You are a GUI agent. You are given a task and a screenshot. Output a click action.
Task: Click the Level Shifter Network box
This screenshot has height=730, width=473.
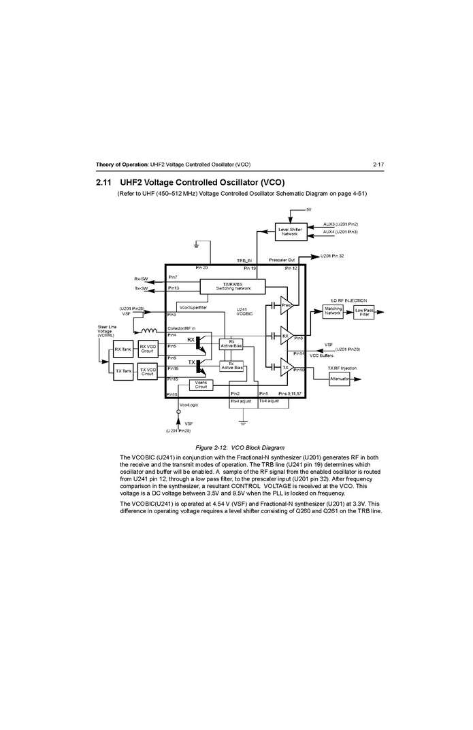[x=291, y=231]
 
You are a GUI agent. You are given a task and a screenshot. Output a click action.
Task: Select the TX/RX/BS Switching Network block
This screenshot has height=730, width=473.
[x=233, y=286]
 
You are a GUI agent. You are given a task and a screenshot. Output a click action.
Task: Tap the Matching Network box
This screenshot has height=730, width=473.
[x=333, y=311]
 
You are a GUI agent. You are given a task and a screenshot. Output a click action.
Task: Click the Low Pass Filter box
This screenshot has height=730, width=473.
[x=364, y=312]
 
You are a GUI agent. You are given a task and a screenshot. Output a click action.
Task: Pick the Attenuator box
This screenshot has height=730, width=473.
[x=339, y=379]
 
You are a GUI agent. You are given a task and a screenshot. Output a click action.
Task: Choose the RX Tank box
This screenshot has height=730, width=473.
[x=123, y=349]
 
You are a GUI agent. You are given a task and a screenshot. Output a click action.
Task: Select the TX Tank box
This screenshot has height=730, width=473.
[x=123, y=371]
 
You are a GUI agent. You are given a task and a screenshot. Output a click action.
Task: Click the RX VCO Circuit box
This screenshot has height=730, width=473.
[x=148, y=349]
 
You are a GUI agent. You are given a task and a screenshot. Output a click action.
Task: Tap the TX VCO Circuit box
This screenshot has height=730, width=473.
[x=148, y=372]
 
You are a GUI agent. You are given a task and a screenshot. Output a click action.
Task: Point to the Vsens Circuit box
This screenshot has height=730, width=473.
[x=201, y=385]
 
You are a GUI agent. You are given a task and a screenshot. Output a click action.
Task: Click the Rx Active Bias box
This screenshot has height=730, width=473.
[x=231, y=345]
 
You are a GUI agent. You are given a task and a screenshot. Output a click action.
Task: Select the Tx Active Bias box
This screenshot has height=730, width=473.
[x=231, y=366]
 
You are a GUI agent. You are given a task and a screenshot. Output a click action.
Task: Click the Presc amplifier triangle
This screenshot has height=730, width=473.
[x=286, y=305]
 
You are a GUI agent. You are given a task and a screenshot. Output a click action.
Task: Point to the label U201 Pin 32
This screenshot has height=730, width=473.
[x=332, y=256]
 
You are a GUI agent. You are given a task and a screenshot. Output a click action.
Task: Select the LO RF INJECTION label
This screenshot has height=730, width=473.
[x=348, y=300]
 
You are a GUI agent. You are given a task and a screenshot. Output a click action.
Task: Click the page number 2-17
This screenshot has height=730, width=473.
[x=378, y=164]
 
